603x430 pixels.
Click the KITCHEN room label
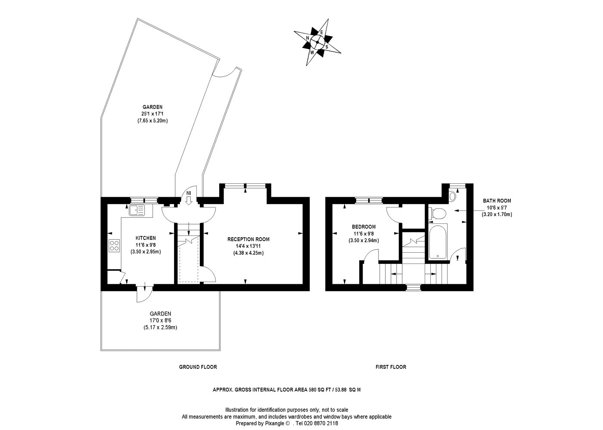click(146, 238)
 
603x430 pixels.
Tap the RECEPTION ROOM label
click(248, 239)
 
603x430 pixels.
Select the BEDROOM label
click(364, 227)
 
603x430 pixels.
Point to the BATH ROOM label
click(497, 201)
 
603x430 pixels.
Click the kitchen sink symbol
click(137, 210)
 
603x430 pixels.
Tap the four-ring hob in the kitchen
click(114, 245)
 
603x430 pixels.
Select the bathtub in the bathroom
click(438, 241)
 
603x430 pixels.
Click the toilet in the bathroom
click(437, 214)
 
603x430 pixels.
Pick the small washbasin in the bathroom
click(452, 196)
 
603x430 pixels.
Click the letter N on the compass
click(308, 38)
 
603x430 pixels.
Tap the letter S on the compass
click(327, 47)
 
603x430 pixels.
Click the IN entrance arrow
click(189, 200)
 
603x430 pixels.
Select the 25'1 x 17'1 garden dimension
click(152, 114)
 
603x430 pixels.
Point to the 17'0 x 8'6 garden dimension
click(160, 320)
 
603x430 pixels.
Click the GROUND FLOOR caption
click(198, 367)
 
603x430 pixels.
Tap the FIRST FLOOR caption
click(391, 367)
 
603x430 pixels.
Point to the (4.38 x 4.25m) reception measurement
click(248, 253)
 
